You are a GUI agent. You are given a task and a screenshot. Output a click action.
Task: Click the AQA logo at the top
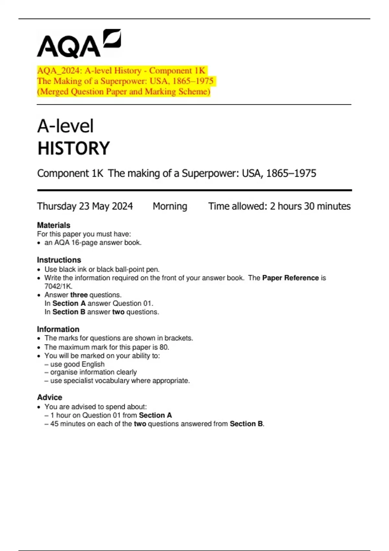[x=79, y=44]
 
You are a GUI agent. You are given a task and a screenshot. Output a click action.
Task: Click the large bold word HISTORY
[x=74, y=148]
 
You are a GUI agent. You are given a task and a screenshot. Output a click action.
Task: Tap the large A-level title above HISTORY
[x=65, y=126]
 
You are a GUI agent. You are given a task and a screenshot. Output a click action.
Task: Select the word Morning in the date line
[x=170, y=206]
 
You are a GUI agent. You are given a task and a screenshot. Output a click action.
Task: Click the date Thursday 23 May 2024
[x=85, y=206]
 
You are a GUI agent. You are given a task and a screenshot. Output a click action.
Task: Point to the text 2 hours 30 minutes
[x=310, y=206]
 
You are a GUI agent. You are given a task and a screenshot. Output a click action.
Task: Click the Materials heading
[x=53, y=225]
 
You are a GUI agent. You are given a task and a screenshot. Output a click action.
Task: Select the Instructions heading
[x=59, y=260]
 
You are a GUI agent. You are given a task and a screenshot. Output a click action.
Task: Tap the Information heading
[x=58, y=329]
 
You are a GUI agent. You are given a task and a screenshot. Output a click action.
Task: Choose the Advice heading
[x=50, y=397]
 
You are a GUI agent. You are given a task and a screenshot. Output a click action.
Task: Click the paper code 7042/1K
[x=58, y=286]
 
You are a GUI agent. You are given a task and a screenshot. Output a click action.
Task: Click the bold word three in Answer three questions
[x=79, y=295]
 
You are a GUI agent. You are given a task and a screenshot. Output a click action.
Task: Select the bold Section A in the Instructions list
[x=69, y=303]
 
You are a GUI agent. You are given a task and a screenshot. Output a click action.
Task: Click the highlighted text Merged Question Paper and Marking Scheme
[x=124, y=92]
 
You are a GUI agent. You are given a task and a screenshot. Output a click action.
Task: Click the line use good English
[x=77, y=364]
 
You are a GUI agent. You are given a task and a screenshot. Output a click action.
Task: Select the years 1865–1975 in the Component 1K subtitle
[x=291, y=173]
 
